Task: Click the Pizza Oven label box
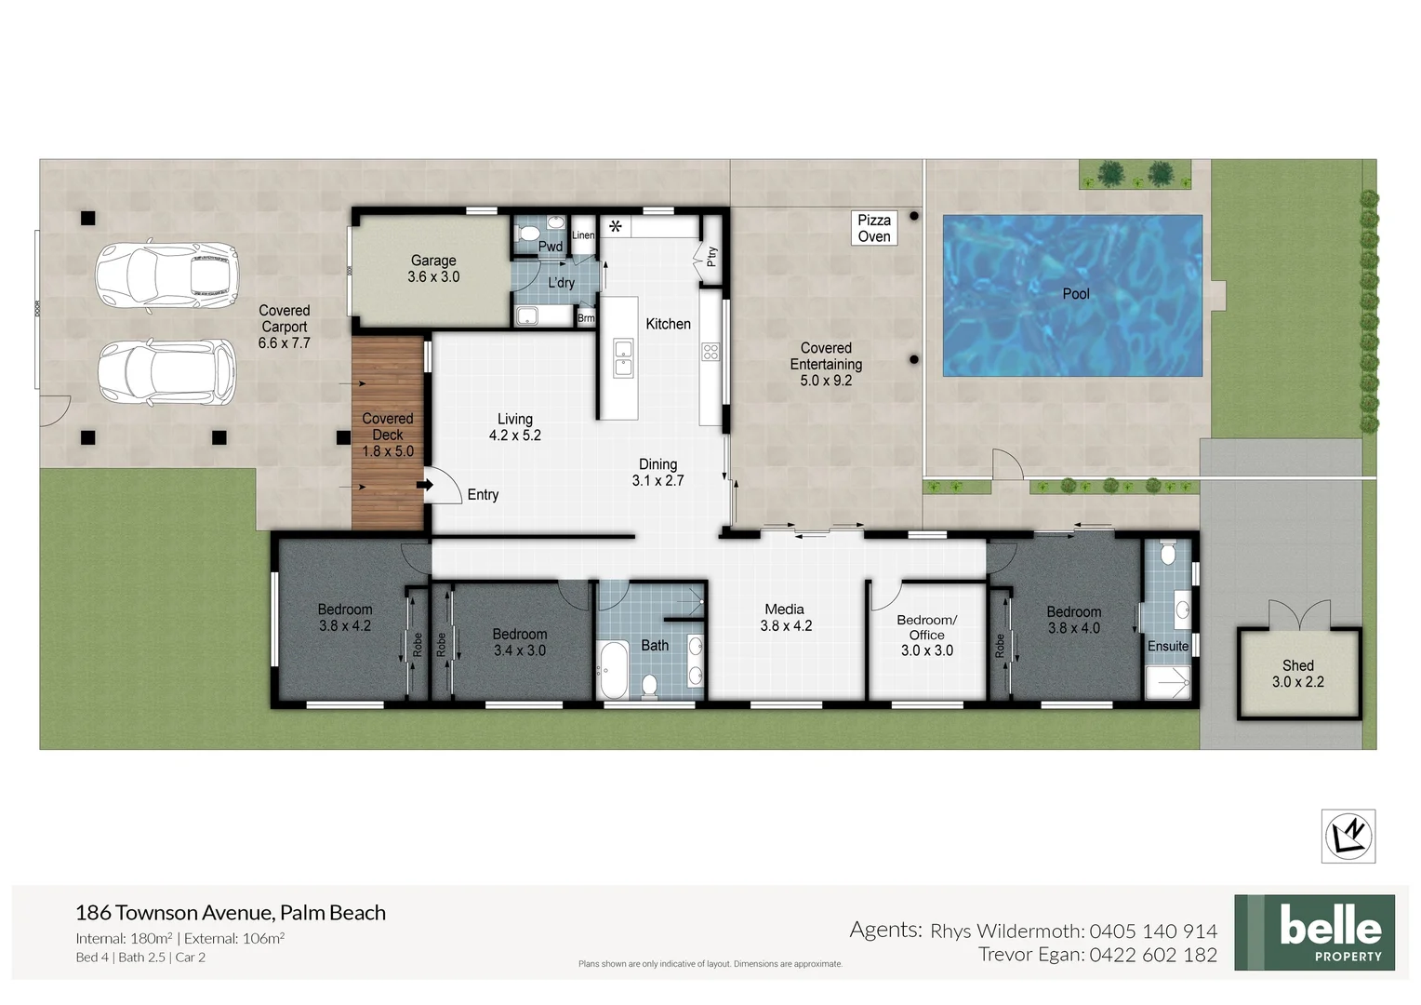873,228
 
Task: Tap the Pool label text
1075,294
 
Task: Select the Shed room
1298,674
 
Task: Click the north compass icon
1348,835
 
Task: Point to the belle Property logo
1314,932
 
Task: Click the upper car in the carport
167,275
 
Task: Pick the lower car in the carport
167,371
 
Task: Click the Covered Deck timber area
388,433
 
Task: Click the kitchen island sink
623,358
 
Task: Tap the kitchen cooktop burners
710,352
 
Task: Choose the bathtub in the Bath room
614,669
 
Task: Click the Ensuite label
1167,646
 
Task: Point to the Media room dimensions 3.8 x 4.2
786,626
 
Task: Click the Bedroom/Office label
926,627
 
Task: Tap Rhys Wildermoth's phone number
1153,931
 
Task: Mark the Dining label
657,464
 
